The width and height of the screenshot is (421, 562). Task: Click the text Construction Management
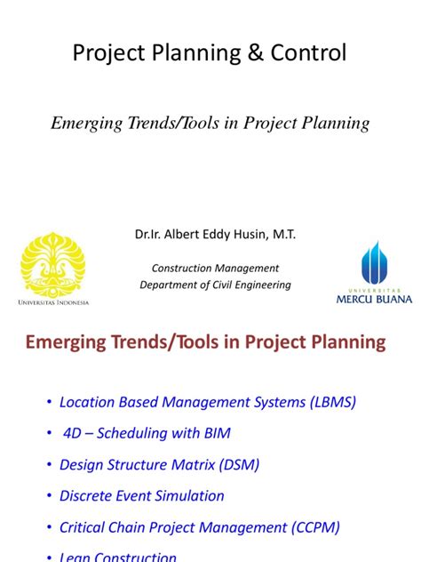pyautogui.click(x=215, y=268)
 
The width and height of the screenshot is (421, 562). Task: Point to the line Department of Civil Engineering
pyautogui.click(x=215, y=285)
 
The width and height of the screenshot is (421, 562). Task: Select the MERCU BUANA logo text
pyautogui.click(x=373, y=300)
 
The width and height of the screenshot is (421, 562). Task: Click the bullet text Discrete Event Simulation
pyautogui.click(x=142, y=495)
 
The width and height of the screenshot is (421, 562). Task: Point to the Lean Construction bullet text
pyautogui.click(x=117, y=557)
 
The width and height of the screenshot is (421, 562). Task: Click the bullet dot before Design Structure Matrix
pyautogui.click(x=48, y=465)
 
